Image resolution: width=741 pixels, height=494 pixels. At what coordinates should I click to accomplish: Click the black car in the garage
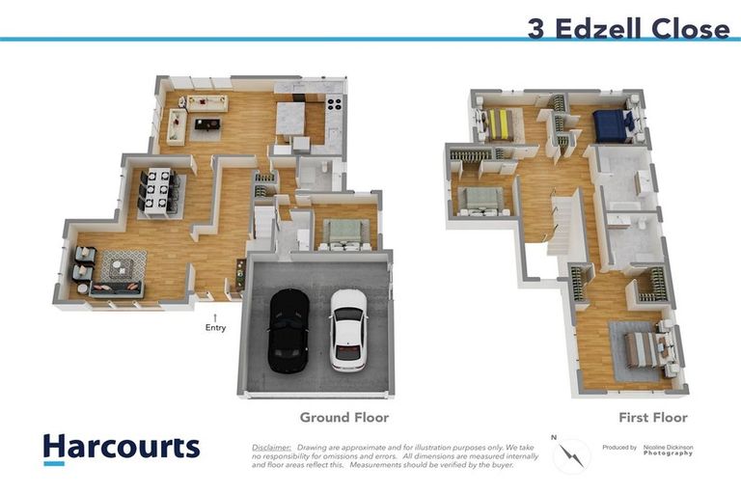point(288,330)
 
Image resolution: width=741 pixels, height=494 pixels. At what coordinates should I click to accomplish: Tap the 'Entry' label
point(215,328)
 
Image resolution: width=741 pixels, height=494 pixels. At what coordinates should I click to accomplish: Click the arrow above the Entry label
point(215,316)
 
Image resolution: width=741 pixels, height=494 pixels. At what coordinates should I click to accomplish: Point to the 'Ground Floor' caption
point(343,418)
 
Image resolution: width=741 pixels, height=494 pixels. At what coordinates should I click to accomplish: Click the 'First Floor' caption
point(653,418)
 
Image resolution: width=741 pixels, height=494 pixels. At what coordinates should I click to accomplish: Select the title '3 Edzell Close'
point(628,29)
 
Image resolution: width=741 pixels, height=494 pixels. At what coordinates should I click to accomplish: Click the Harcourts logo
point(121,449)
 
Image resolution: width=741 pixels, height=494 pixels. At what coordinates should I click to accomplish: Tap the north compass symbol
point(571,453)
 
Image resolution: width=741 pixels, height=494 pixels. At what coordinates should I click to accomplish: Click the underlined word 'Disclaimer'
point(271,448)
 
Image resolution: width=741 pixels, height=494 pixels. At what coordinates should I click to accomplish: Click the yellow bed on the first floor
point(500,123)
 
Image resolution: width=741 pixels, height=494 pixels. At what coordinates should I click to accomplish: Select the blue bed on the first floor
point(610,124)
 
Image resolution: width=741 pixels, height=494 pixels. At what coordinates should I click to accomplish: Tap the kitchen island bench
point(290,121)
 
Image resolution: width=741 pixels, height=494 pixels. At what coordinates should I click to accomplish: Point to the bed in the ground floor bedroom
point(340,233)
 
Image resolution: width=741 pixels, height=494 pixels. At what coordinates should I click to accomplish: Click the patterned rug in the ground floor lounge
point(123,264)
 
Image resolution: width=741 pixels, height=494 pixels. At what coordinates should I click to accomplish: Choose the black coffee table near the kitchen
point(207,123)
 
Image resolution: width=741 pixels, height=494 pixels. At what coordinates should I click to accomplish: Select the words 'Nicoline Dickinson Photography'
point(675,450)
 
